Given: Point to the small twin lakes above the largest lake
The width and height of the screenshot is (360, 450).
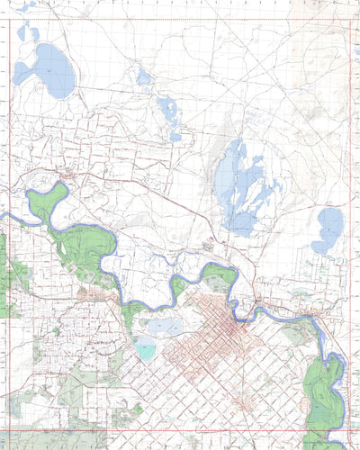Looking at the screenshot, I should click(27, 34).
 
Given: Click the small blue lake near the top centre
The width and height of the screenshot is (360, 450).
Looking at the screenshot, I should click(143, 78).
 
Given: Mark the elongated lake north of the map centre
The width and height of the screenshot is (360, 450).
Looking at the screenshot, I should click(168, 112).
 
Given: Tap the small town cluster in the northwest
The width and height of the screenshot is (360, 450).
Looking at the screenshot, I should click(67, 174).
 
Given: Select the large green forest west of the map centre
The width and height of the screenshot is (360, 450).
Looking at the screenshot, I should click(85, 247).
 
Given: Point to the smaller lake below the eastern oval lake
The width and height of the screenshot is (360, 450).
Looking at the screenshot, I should click(320, 247).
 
